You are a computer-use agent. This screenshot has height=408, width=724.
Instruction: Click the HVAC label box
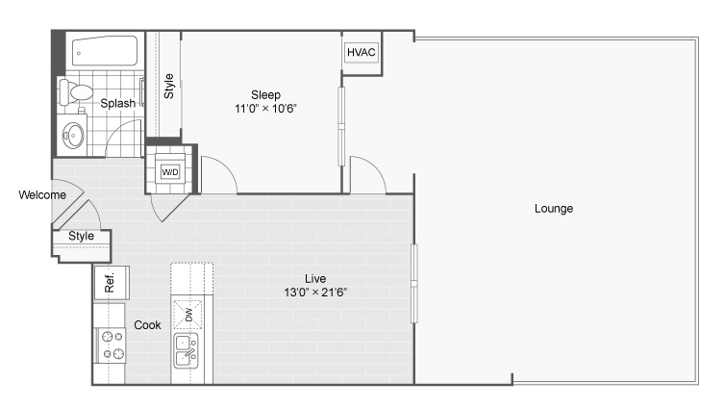point(362,52)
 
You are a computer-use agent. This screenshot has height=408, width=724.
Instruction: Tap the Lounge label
point(554,209)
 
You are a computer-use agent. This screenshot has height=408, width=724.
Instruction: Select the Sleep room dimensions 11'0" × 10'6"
point(265,109)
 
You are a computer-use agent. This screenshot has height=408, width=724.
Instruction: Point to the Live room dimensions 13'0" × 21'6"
point(315,292)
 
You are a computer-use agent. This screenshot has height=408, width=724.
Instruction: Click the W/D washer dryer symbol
point(170,172)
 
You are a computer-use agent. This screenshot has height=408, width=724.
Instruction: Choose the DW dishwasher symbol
point(187,315)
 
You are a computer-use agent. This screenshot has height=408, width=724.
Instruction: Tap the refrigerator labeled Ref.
point(112,282)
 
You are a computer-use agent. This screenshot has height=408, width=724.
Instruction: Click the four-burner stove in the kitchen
point(111,345)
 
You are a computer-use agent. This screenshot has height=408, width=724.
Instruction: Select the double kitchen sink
point(187,350)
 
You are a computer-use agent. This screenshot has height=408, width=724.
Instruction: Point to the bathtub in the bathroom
point(105,51)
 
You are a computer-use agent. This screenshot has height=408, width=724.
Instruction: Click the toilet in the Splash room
point(75,91)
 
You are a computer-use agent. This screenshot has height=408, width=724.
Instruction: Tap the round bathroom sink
point(73,136)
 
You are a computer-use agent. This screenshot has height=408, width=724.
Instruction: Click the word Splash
point(118,103)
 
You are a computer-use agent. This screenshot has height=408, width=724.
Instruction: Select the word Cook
point(147,325)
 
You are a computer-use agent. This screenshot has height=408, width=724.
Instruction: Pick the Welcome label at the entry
point(42,195)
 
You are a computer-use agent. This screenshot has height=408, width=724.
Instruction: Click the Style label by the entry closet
point(82,236)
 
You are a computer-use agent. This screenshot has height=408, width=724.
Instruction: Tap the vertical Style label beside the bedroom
point(169,86)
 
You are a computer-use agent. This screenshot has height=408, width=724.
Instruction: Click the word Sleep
point(265,94)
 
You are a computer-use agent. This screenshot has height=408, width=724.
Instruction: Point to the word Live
point(315,279)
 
